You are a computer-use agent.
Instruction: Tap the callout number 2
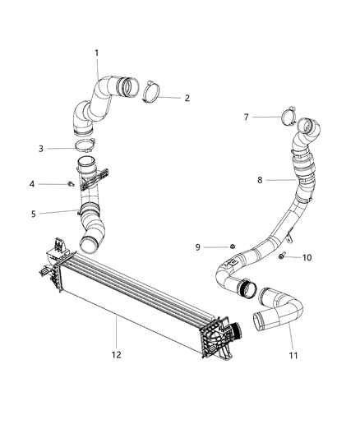[187, 98]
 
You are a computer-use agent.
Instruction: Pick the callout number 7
[246, 118]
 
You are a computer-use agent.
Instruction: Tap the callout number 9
[198, 247]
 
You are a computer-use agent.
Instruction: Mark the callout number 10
[307, 258]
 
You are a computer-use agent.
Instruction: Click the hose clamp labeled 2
[152, 90]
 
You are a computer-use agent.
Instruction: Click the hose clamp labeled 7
[289, 116]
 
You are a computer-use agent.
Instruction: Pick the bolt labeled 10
[282, 257]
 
